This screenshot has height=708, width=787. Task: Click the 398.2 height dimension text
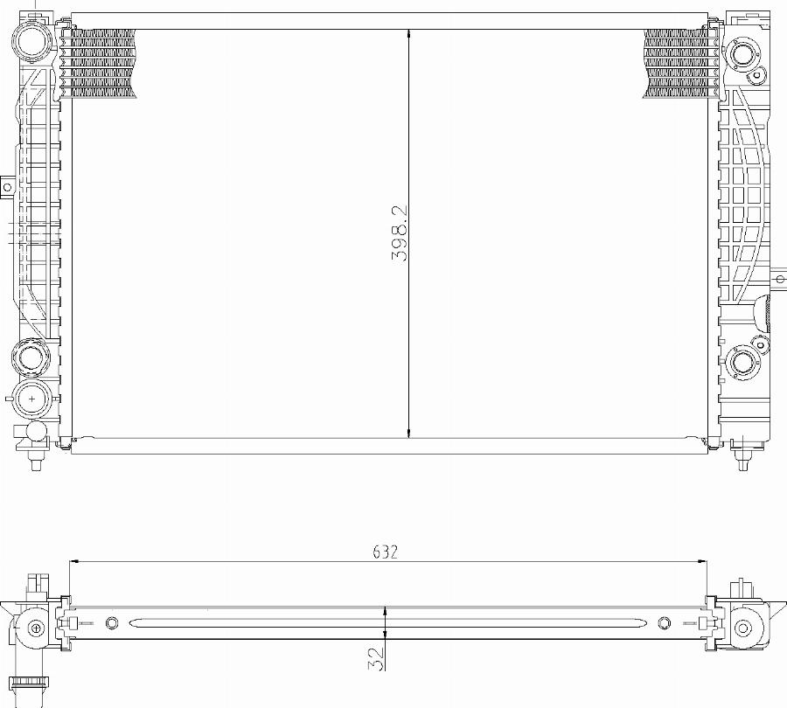click(400, 234)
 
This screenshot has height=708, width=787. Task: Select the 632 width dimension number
click(386, 552)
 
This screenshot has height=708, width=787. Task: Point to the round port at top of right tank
click(745, 54)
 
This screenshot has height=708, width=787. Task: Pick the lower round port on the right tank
click(744, 363)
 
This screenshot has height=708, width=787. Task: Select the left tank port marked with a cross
click(32, 398)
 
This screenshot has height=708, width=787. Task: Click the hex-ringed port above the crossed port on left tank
click(32, 357)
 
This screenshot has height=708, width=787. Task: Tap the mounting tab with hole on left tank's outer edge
click(7, 186)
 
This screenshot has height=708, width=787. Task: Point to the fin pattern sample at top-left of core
click(99, 62)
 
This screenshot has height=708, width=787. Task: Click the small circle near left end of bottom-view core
click(111, 623)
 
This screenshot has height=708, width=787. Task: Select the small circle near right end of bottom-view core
click(664, 623)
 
